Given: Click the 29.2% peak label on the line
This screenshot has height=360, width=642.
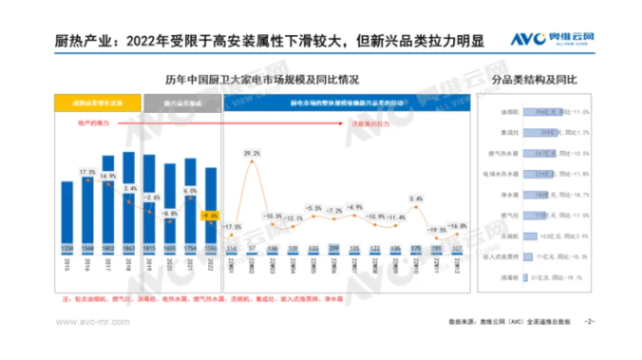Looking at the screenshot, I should [252, 152].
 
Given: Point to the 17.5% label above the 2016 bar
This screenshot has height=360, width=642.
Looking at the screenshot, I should [87, 172].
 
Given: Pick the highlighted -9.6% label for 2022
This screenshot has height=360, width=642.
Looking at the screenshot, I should [212, 216].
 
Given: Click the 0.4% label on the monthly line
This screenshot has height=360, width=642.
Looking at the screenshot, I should [415, 199].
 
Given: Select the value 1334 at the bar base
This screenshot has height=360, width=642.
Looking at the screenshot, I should [66, 249].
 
